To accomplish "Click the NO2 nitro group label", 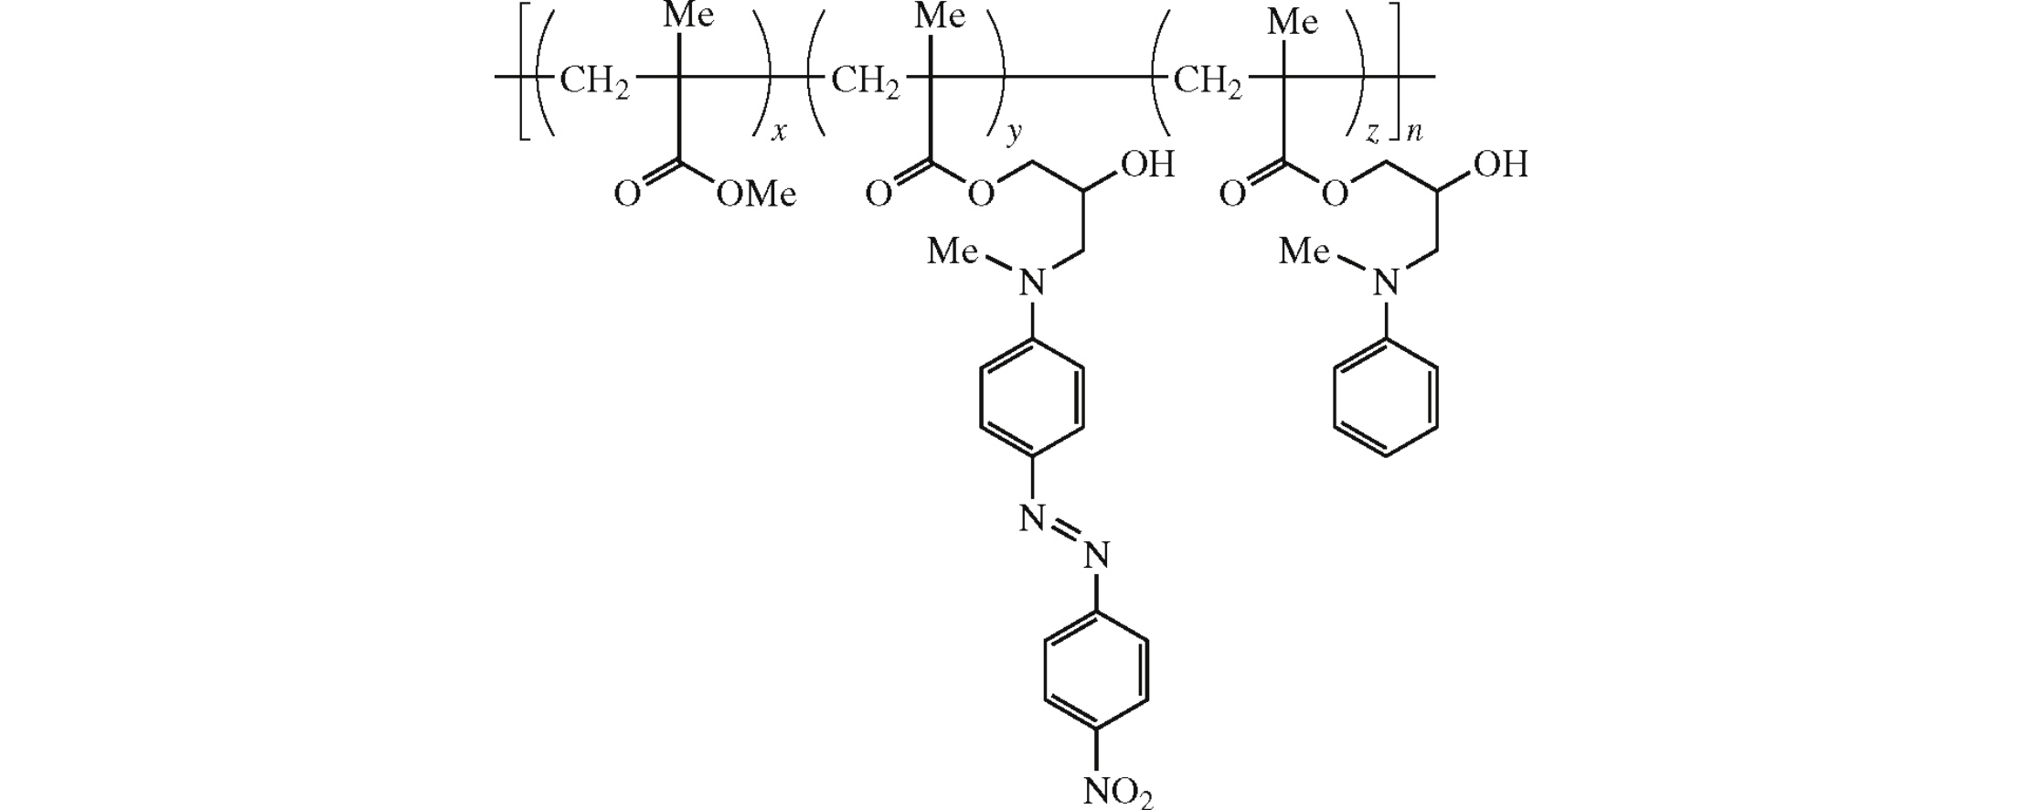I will [x=1118, y=792].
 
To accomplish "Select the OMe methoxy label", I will [x=756, y=194].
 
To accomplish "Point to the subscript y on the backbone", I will [x=1014, y=134].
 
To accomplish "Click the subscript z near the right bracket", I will [x=1372, y=134].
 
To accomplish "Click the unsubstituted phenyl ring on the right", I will [x=1386, y=399].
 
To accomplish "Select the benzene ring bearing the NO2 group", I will [x=1095, y=670].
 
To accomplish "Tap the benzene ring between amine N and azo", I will [x=1032, y=399].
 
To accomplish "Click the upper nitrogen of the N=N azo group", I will [x=1032, y=518].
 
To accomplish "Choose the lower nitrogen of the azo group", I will [x=1096, y=555].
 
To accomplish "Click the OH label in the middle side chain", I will [x=1146, y=165].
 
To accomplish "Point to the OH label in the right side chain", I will [x=1500, y=165].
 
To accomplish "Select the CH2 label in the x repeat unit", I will [x=594, y=81].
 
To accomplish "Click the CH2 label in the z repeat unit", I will [x=1208, y=81].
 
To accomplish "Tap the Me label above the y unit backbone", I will [x=941, y=16].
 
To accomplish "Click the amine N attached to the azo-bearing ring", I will [x=1032, y=283].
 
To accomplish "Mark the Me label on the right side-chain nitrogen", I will [x=1304, y=250].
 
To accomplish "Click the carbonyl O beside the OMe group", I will [x=626, y=194].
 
